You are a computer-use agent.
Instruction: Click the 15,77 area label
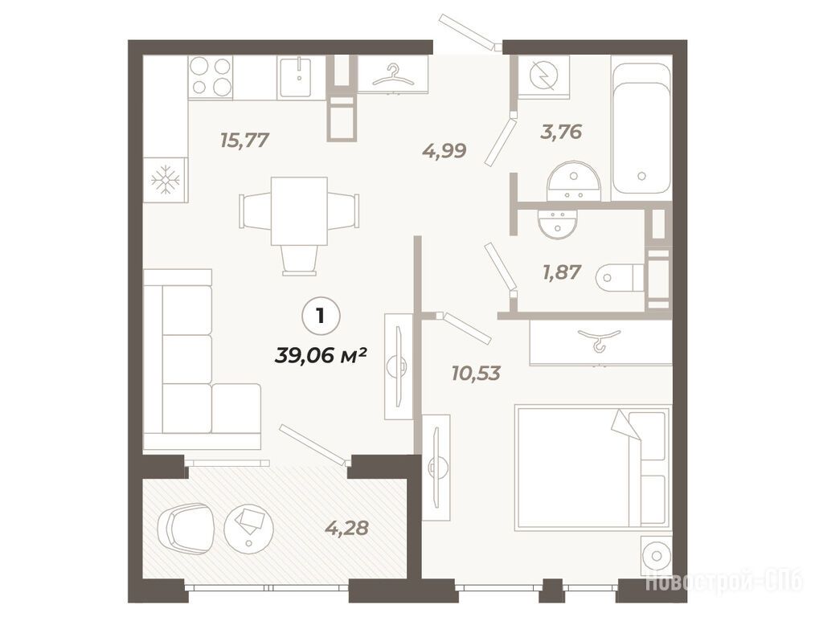pos(244,141)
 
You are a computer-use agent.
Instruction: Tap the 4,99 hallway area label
pos(444,151)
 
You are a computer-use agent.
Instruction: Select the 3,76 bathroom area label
pos(561,132)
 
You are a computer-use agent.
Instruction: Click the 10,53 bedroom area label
pos(476,373)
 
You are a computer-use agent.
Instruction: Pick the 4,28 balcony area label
pos(346,528)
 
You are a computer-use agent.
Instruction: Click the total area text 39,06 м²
pos(321,356)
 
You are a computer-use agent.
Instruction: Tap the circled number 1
pos(321,316)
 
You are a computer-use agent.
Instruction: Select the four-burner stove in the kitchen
pos(210,77)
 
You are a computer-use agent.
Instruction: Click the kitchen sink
pos(296,77)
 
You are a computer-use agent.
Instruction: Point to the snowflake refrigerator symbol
pos(166,180)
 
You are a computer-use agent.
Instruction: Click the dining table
pos(299,210)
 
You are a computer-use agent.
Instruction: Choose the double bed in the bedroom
pos(592,468)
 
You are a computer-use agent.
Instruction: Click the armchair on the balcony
pos(185,529)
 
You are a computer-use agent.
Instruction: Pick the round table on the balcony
pos(248,529)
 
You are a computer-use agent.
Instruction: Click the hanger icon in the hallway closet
pos(394,76)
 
